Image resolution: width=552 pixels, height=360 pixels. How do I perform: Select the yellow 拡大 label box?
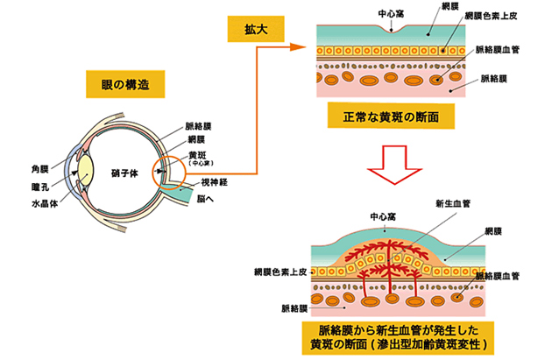[x=254, y=27]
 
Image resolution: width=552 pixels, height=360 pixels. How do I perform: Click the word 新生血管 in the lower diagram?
[x=453, y=202]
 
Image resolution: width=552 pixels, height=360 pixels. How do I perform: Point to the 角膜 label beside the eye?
[x=41, y=168]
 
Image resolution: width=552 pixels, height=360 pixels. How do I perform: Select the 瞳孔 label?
[x=41, y=186]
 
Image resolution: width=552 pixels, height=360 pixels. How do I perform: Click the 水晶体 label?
[x=44, y=203]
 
